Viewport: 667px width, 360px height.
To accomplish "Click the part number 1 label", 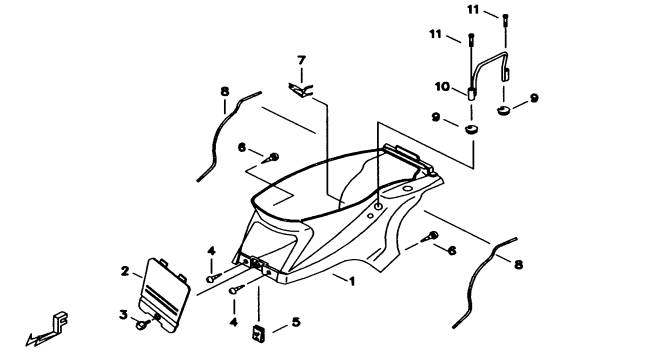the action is coord(352,282).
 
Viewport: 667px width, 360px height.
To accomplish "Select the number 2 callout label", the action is coord(125,271).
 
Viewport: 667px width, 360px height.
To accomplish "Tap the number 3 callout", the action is coord(123,315).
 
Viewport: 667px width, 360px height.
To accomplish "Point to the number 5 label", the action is coord(296,322).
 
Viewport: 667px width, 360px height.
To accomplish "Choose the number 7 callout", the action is coord(302,60).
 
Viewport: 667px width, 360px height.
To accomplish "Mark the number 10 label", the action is coord(442,87).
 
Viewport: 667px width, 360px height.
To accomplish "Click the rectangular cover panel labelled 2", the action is coord(164,294).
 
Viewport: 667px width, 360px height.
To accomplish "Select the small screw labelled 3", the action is coord(142,325).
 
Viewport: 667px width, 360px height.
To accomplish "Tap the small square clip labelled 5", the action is coord(258,333).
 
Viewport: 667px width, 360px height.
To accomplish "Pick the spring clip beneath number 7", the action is coord(301,90).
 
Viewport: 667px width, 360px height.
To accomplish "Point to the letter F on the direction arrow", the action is coord(60,322).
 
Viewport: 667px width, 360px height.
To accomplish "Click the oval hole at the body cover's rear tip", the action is coord(408,189).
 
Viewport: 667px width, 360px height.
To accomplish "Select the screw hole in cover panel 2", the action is coord(157,316).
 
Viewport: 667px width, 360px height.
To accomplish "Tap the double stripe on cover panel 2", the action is coord(162,297).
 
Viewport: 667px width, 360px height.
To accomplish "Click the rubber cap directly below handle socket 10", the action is coord(471,129).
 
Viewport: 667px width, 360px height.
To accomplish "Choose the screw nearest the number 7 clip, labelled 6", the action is coord(270,158).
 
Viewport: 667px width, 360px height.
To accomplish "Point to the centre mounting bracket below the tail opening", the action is coord(257,263).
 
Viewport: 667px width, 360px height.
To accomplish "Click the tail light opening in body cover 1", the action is coord(268,243).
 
